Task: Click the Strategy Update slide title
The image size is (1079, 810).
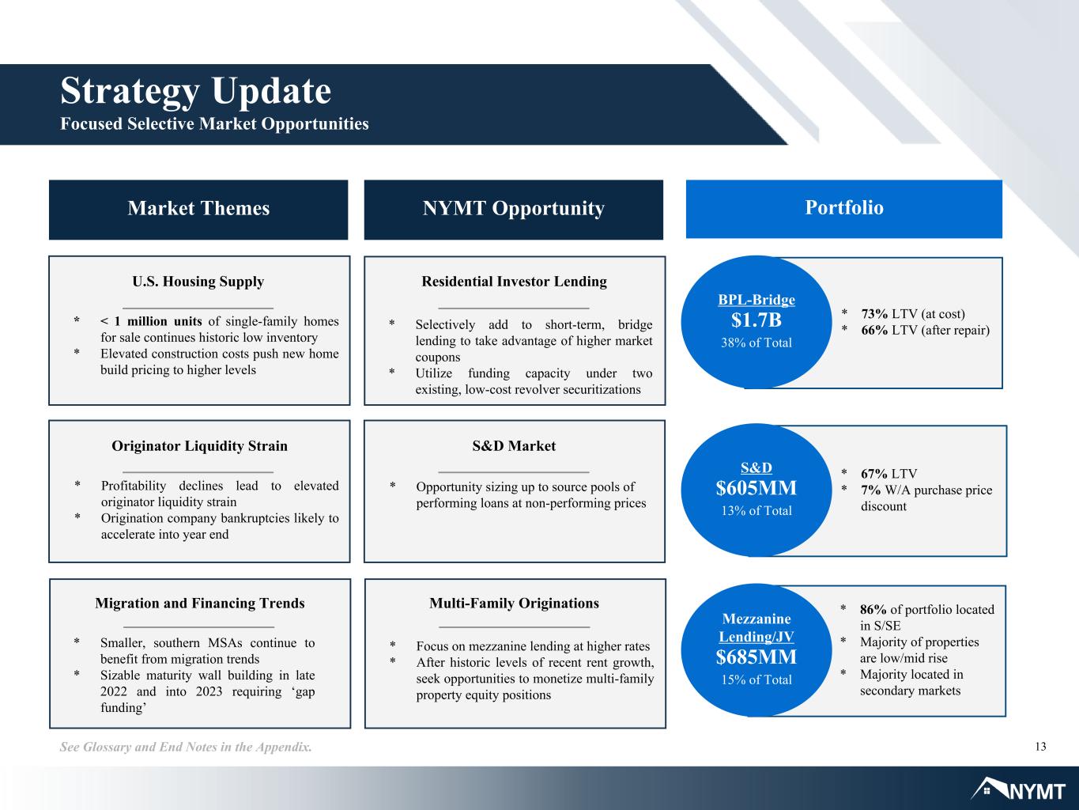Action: point(196,91)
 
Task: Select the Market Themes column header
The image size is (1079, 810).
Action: point(198,209)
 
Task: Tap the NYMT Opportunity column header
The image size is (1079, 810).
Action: point(513,209)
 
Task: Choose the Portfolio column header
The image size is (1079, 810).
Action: point(844,207)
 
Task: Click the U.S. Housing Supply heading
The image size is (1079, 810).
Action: point(198,282)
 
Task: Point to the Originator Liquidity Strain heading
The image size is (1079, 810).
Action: point(199,446)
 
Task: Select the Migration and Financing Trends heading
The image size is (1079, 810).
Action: point(200,604)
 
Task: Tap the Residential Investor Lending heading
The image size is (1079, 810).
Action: point(514,282)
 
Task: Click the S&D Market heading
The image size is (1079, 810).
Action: point(514,446)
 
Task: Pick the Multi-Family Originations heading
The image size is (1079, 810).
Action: point(514,604)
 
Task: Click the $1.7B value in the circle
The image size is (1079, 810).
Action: point(756,320)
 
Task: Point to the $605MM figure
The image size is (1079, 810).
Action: point(756,488)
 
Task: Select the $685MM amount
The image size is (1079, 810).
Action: point(756,657)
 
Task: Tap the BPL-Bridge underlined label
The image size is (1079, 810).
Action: point(756,300)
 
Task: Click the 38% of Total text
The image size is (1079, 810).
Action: point(756,343)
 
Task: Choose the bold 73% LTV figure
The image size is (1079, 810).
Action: point(874,314)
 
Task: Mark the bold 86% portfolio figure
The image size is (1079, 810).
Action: point(873,610)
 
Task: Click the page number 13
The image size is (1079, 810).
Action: point(1040,747)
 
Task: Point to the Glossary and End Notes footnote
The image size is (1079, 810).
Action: point(186,747)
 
